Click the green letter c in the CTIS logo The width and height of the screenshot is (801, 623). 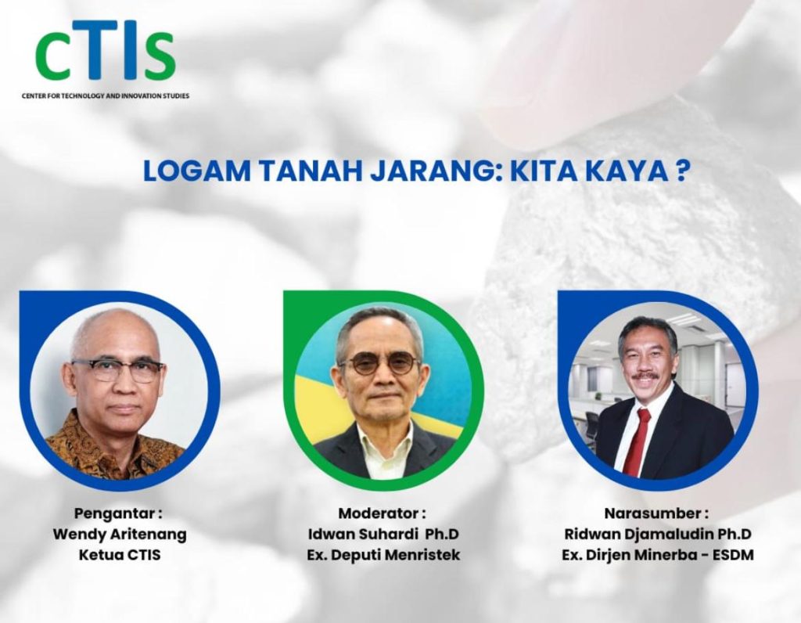pos(54,56)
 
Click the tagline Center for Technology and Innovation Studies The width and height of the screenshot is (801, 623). pos(106,96)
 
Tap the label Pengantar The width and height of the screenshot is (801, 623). pos(118,514)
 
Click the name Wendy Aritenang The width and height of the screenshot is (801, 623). pos(119,535)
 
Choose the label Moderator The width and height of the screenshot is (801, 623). pos(383,514)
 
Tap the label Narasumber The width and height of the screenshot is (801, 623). pos(657,514)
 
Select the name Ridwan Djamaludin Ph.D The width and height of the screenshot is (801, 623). pos(658,535)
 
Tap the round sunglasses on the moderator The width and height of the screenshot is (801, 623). pos(381,363)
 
